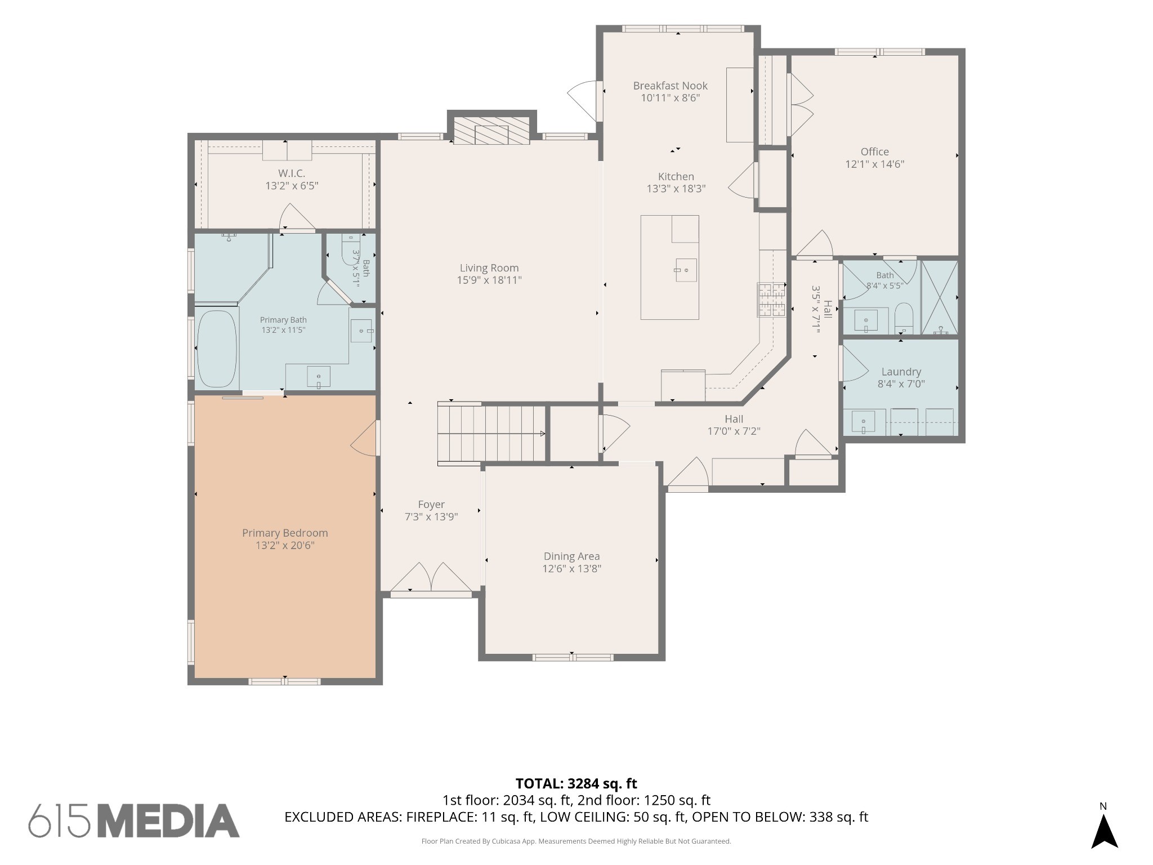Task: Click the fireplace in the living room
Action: coord(492,131)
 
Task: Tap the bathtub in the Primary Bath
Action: coord(217,349)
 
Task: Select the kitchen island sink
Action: coord(686,270)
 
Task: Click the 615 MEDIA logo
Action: coord(134,821)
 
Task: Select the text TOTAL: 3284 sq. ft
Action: coord(576,783)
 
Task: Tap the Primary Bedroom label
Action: coord(285,533)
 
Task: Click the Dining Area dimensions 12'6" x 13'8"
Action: coord(571,569)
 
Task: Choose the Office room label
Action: coord(875,151)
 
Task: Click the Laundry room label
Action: coord(901,372)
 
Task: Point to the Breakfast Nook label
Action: coord(670,86)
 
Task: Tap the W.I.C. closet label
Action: coord(292,173)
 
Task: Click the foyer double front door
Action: coord(431,578)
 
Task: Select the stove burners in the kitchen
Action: coord(771,300)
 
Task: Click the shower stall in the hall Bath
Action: coord(939,297)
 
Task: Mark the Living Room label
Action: coord(489,268)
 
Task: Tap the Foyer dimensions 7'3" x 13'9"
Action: coord(431,517)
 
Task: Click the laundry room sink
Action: coord(863,422)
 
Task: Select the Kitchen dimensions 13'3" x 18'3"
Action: coord(676,189)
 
